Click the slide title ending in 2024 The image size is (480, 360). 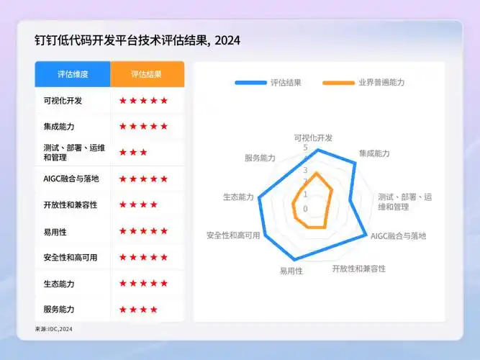point(137,40)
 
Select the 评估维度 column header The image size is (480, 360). point(73,74)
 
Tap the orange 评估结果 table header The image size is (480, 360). point(147,74)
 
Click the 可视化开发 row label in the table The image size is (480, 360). point(63,101)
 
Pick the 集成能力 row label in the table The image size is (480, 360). point(59,127)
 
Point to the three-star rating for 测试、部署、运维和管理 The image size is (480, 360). point(134,153)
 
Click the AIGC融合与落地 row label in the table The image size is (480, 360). point(71,179)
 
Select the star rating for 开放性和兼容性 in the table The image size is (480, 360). point(139,205)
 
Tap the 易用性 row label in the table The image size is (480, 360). point(55,231)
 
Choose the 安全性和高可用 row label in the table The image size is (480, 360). point(70,257)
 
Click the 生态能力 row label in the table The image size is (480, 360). point(59,284)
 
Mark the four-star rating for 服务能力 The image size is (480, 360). point(139,310)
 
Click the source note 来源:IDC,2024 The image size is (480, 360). point(54,330)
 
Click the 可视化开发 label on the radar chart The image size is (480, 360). point(314,137)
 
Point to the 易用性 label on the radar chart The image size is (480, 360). point(291,271)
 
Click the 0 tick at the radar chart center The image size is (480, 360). point(304,209)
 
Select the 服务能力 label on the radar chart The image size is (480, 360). point(261,158)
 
